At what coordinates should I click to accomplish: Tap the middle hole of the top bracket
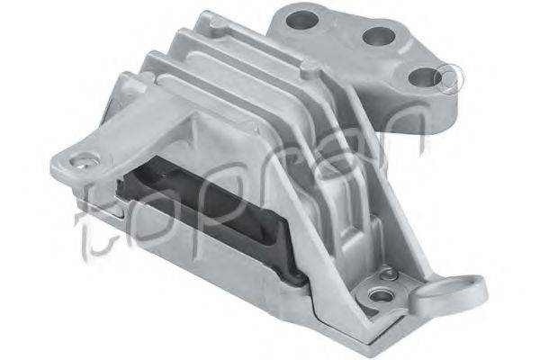[379, 37]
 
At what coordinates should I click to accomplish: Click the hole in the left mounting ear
[84, 161]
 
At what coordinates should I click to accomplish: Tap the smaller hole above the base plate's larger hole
[389, 274]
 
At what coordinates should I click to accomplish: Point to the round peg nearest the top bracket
[310, 67]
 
